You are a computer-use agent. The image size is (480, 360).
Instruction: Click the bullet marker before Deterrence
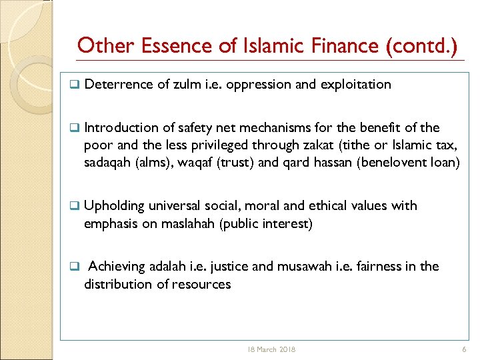pyautogui.click(x=75, y=85)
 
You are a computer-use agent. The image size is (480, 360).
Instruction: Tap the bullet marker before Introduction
pyautogui.click(x=75, y=127)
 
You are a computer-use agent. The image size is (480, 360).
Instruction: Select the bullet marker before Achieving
pyautogui.click(x=75, y=267)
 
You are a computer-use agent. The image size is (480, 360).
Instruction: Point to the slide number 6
pyautogui.click(x=463, y=349)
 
